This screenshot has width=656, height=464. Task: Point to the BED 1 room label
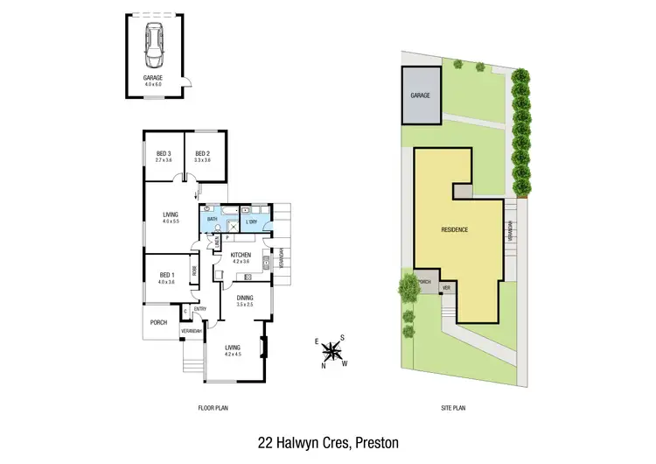point(166,275)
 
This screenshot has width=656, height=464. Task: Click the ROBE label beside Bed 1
point(195,271)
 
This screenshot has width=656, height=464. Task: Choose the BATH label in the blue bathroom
point(213,218)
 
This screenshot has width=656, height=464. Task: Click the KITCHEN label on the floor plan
point(241,255)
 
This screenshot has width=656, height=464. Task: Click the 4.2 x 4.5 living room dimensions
point(232,353)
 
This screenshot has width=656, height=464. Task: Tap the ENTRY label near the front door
point(199,308)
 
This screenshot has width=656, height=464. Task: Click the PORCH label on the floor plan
point(158,321)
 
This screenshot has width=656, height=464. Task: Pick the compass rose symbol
point(331,352)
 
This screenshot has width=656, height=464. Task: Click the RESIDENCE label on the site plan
point(455,229)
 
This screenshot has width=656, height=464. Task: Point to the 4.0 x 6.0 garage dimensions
point(154,83)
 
